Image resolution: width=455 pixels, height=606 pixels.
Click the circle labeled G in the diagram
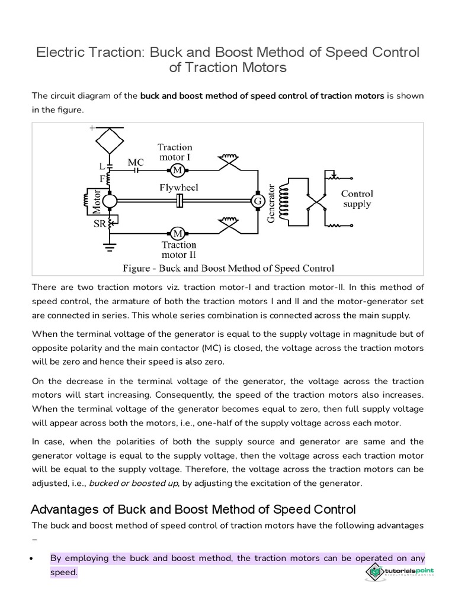point(258,201)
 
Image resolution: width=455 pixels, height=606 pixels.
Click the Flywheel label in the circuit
point(178,188)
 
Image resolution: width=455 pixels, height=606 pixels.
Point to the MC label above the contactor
point(136,161)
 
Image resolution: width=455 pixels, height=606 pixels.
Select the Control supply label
point(357,199)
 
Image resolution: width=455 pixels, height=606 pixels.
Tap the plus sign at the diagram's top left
point(92,127)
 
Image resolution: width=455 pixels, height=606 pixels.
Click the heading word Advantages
point(66,509)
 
